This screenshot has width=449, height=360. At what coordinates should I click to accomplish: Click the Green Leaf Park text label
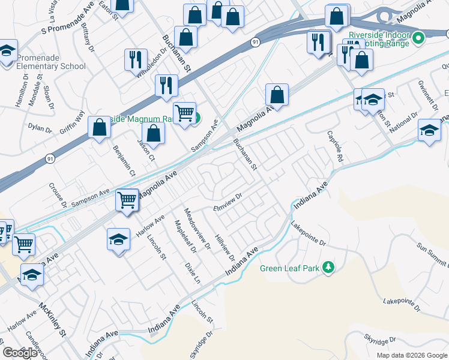click(289, 268)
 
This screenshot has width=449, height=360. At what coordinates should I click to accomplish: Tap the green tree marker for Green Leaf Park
click(328, 267)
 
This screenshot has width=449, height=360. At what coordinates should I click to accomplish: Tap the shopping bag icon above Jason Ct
click(154, 133)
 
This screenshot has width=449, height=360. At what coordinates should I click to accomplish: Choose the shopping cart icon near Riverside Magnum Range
click(184, 112)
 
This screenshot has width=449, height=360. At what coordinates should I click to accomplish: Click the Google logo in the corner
click(19, 353)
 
